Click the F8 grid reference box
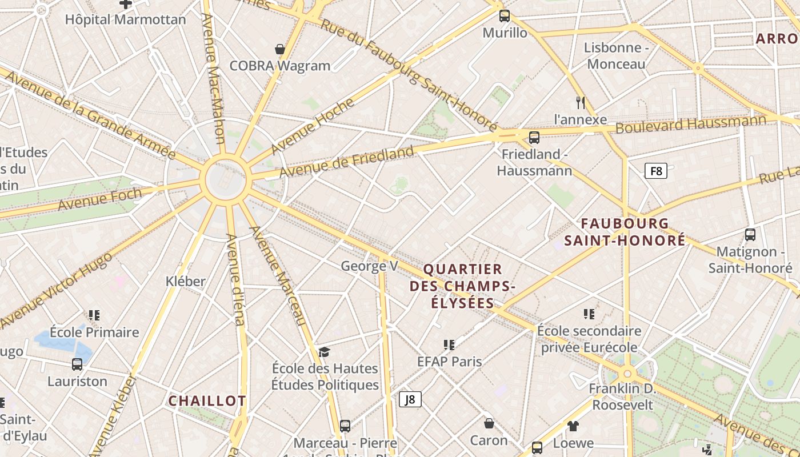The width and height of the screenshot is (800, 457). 656,170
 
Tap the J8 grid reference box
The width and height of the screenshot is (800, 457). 410,399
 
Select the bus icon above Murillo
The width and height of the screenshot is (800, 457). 504,16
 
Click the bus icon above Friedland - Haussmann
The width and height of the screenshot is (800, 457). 534,137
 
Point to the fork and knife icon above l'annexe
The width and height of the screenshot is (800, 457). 581,103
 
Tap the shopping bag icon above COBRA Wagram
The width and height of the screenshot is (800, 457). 280,49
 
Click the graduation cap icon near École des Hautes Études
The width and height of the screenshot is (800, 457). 325,351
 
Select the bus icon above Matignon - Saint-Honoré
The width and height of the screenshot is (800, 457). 750,234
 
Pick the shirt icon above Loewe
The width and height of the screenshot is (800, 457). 573,426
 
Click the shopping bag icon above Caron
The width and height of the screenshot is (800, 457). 489,423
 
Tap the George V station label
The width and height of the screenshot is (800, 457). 369,266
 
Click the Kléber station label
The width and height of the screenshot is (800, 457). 185,281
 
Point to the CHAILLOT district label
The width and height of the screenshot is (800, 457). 207,401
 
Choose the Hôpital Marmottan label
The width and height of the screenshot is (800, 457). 125,19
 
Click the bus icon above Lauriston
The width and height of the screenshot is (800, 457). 77,364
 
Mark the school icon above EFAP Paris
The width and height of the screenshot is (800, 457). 449,344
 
